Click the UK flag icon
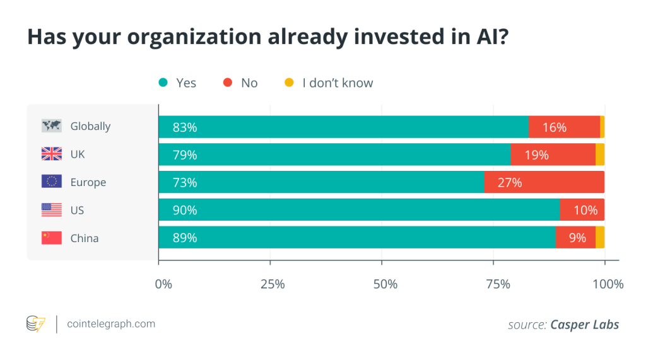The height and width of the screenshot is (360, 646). [51, 154]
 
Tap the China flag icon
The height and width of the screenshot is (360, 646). [51, 238]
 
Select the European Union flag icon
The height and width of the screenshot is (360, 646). [51, 182]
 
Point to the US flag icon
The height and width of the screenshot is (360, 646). [51, 210]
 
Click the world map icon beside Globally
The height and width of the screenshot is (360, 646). [51, 125]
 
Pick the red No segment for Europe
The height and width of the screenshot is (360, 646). [544, 182]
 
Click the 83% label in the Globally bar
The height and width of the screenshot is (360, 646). [185, 127]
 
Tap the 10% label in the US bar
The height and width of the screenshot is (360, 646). [585, 210]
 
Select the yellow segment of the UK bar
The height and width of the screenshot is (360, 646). [600, 154]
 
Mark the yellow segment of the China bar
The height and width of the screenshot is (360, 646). [600, 238]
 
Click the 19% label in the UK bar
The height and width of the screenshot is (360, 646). [536, 154]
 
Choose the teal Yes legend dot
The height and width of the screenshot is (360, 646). [163, 83]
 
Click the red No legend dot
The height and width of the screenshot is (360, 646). [228, 83]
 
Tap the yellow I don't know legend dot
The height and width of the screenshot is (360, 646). [289, 83]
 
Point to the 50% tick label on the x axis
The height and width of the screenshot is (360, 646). [385, 284]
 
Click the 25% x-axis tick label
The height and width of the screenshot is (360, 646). [273, 284]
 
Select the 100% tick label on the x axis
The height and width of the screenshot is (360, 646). [608, 284]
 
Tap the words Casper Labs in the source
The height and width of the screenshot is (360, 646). [584, 325]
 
